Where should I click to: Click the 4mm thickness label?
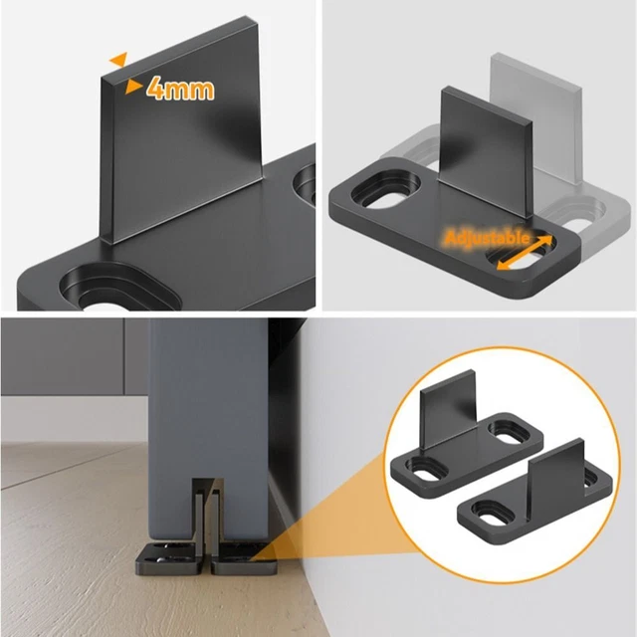coord(180,89)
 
